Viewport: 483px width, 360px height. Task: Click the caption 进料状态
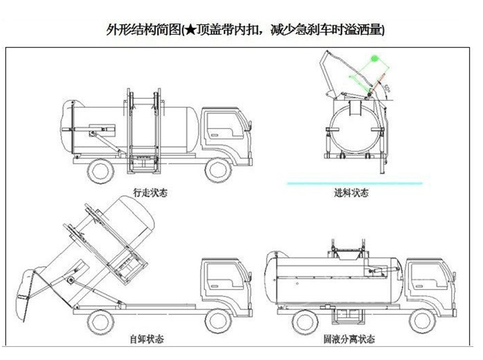point(351,193)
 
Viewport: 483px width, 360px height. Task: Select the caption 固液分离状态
point(349,339)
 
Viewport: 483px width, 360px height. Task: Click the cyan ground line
point(355,183)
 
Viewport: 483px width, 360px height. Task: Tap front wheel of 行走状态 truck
point(217,170)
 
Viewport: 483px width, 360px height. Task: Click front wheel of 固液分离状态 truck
point(422,319)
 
